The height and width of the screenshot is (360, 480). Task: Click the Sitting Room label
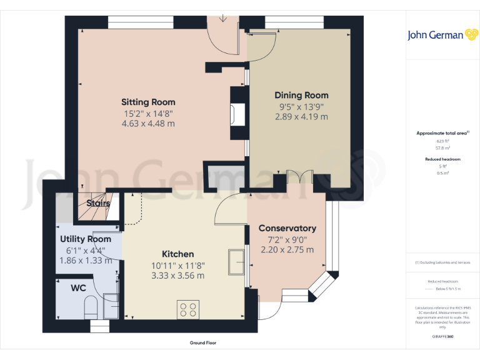[x=148, y=102]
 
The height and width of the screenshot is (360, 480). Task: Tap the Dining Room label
[x=301, y=95]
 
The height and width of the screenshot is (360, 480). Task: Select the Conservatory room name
[x=287, y=228]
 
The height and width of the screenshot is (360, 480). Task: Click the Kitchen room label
[x=177, y=254]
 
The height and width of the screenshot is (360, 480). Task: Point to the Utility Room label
[x=86, y=239]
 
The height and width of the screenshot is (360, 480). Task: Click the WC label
[x=78, y=288]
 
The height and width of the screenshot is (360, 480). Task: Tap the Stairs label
[x=98, y=203]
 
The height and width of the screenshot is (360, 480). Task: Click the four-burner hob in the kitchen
[x=189, y=309]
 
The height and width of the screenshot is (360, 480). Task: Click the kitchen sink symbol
[x=237, y=262]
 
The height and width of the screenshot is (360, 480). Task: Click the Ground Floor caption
[x=203, y=342]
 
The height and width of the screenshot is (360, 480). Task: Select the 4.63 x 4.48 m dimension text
[x=148, y=124]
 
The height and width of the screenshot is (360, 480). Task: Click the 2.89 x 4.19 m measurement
[x=301, y=117]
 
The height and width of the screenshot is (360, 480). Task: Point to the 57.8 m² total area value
[x=442, y=148]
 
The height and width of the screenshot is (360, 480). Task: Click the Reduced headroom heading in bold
[x=442, y=159]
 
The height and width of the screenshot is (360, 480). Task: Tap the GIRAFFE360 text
[x=442, y=336]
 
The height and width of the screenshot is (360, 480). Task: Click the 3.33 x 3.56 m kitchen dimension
[x=177, y=276]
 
